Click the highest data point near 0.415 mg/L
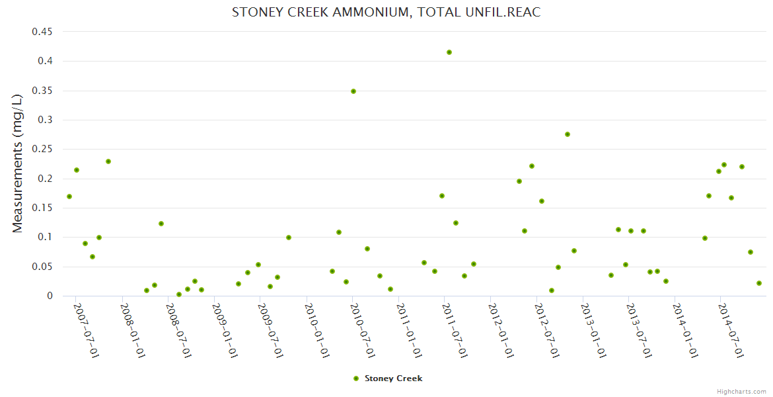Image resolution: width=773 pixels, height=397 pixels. tap(449, 52)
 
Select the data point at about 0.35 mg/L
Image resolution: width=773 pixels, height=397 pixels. tap(353, 91)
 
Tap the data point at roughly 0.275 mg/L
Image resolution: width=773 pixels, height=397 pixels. tap(568, 134)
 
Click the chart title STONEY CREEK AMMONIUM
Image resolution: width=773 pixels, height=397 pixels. tap(386, 13)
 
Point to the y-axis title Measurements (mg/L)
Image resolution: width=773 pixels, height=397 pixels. tap(18, 163)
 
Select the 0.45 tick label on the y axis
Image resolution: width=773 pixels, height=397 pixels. tap(42, 32)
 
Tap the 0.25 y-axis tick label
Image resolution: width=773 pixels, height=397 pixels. tap(42, 150)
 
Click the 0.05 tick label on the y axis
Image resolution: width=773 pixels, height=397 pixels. tap(42, 267)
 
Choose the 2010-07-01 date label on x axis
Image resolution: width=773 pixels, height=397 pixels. tap(362, 330)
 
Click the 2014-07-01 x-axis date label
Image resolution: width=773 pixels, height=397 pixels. tap(731, 330)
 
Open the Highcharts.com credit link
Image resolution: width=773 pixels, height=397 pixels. tap(741, 392)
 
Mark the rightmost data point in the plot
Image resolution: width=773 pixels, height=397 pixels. tap(759, 283)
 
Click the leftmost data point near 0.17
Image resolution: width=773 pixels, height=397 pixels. tap(69, 197)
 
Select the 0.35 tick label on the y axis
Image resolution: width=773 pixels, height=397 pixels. tap(42, 91)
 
